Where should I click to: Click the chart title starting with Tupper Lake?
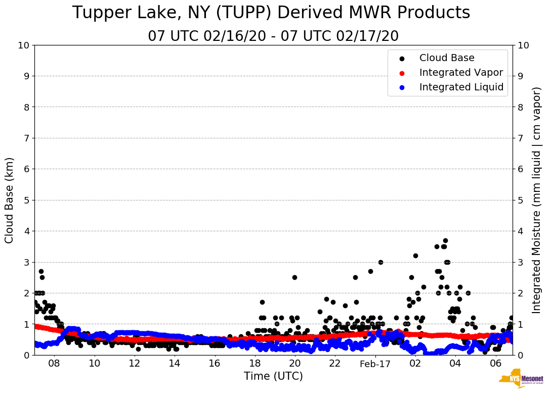coord(271,13)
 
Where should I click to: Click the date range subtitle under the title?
coord(273,36)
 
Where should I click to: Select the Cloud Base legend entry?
coord(446,58)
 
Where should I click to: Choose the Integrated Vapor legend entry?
coord(460,73)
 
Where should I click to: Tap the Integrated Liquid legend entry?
coord(461,87)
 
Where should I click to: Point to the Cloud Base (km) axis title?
coord(10,200)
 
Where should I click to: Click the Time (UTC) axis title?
coord(273,376)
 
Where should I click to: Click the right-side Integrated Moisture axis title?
coord(537,200)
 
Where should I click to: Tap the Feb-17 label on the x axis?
coord(375,364)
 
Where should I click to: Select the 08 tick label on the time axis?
coord(54,364)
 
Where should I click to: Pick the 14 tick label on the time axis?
coord(174,364)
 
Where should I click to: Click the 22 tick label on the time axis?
coord(334,364)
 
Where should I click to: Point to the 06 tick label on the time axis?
coord(495,364)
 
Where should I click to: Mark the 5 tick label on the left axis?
coord(27,200)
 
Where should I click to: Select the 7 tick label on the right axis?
coord(521,138)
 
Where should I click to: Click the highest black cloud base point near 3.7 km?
coord(445,240)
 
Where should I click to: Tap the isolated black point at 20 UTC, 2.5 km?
coord(294,277)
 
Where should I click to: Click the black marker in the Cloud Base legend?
coord(402,59)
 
